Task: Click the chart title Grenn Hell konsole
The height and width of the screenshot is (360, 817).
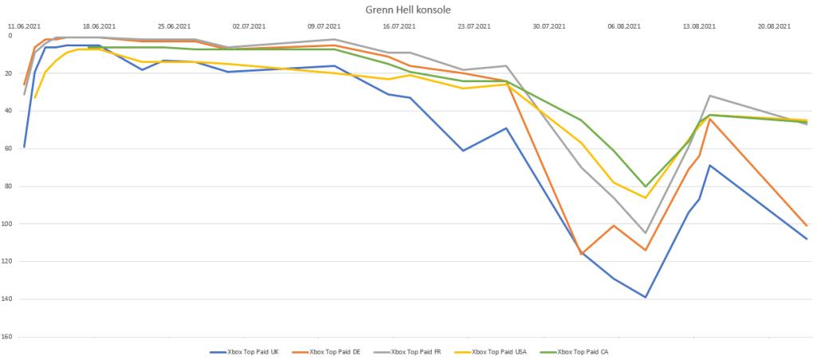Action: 408,10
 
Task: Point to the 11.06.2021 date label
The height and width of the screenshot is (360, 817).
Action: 24,26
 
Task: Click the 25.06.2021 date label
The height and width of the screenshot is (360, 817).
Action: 174,26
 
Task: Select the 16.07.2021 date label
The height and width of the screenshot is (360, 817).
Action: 399,26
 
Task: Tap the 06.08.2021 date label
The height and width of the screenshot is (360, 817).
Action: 624,26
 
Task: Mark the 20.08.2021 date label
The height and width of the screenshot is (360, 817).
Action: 774,26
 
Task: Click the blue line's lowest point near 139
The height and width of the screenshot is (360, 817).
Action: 645,297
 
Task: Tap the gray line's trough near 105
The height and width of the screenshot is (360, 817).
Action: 645,233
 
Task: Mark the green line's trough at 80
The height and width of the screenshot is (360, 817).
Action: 645,186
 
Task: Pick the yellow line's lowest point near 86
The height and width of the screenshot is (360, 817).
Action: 645,197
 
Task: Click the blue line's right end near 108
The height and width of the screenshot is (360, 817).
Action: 807,239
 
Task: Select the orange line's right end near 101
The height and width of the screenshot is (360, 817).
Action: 807,226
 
